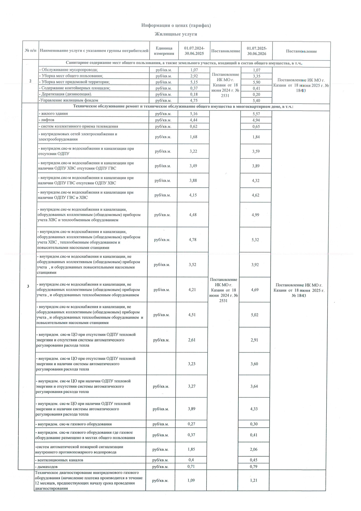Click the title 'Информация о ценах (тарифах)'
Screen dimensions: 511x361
(176, 25)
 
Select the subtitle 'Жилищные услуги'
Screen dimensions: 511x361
(176, 34)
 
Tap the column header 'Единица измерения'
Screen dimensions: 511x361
(164, 51)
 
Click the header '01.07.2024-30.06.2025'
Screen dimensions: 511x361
(194, 51)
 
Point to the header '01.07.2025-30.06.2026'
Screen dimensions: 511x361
(257, 51)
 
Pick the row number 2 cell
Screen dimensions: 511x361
(31, 81)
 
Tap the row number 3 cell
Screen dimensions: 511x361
(28, 286)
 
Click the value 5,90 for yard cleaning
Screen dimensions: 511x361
(256, 82)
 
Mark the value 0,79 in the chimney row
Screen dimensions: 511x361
(254, 466)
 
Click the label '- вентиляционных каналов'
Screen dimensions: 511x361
(59, 460)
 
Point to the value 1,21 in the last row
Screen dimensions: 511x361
(254, 480)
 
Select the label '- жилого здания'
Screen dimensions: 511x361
(53, 114)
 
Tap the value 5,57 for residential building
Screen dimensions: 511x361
(256, 114)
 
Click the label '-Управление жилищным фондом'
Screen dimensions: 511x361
(68, 101)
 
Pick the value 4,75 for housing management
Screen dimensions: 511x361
(194, 101)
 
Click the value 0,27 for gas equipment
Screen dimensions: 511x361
(191, 424)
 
